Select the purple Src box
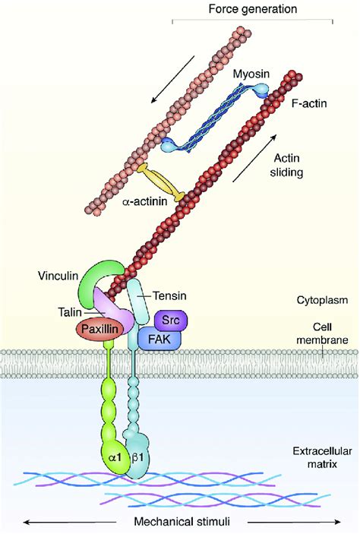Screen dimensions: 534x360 [x=171, y=320]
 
